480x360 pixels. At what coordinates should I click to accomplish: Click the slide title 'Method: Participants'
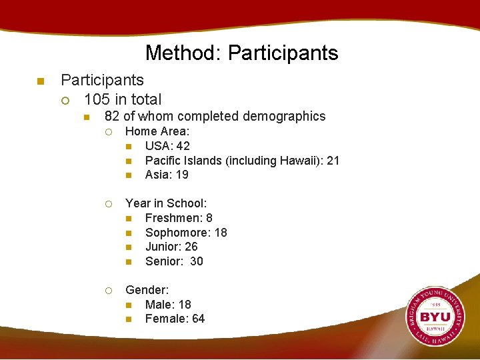point(241,53)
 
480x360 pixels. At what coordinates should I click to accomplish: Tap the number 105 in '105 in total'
point(97,99)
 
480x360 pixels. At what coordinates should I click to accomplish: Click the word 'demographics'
point(285,117)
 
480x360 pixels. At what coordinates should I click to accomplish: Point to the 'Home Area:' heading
point(157,131)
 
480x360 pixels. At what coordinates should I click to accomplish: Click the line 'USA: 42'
point(167,146)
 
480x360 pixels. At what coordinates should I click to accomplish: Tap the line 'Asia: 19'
point(167,175)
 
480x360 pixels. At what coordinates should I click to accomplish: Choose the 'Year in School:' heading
point(166,203)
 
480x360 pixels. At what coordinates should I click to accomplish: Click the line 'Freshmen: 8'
point(179,218)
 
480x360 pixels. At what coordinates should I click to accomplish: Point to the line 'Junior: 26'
point(171,247)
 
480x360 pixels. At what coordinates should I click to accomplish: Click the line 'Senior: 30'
point(174,261)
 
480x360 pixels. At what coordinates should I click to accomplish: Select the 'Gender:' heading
point(147,290)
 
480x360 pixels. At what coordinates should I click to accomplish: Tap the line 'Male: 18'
point(168,305)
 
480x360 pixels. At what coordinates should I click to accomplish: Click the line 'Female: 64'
point(175,319)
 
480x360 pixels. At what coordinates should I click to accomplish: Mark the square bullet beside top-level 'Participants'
point(39,81)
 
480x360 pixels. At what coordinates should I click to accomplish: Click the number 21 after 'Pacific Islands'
point(333,161)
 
